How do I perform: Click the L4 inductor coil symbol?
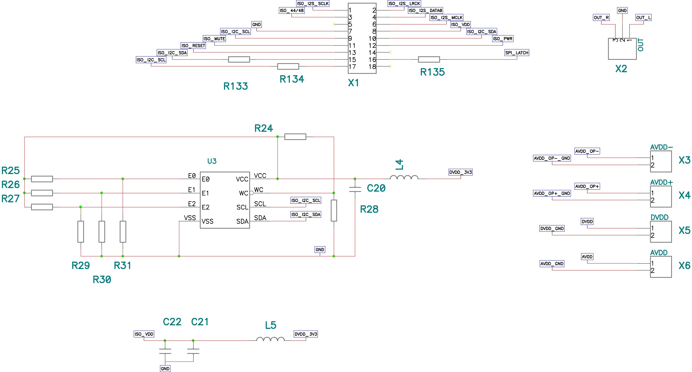pyautogui.click(x=404, y=178)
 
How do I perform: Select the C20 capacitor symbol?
pyautogui.click(x=355, y=189)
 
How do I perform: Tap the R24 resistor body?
pyautogui.click(x=295, y=137)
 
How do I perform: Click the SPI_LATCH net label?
pyautogui.click(x=517, y=53)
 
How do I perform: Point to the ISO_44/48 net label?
pyautogui.click(x=292, y=11)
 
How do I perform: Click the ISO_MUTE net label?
pyautogui.click(x=214, y=39)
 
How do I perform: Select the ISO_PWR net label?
pyautogui.click(x=503, y=39)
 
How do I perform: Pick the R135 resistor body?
pyautogui.click(x=429, y=59)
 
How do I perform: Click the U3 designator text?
pyautogui.click(x=212, y=161)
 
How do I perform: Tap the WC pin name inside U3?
pyautogui.click(x=243, y=193)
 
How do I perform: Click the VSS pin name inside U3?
pyautogui.click(x=207, y=221)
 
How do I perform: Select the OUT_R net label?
pyautogui.click(x=601, y=18)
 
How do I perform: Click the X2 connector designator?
pyautogui.click(x=621, y=69)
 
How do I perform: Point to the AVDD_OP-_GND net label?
pyautogui.click(x=552, y=158)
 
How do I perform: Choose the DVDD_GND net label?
pyautogui.click(x=552, y=228)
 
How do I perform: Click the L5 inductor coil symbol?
pyautogui.click(x=270, y=339)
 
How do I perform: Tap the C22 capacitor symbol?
pyautogui.click(x=165, y=351)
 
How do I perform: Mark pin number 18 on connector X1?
pyautogui.click(x=372, y=67)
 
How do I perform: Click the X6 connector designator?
pyautogui.click(x=684, y=265)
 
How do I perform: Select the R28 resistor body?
pyautogui.click(x=334, y=211)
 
